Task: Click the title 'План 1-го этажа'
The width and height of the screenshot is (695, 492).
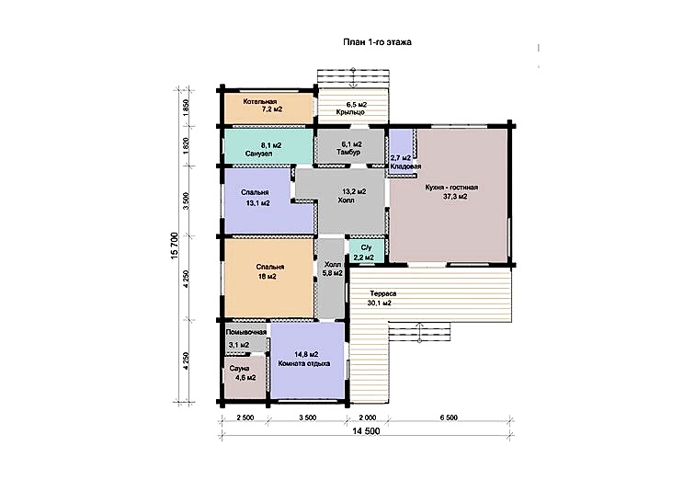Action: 377,42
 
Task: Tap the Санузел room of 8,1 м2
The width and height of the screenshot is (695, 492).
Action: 268,146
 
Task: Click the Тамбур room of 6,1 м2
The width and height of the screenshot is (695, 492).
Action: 349,146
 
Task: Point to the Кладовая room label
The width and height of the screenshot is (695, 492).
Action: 405,166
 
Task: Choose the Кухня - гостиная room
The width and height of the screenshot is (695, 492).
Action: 449,195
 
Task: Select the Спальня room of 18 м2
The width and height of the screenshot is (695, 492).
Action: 268,278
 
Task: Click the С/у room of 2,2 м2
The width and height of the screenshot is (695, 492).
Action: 363,252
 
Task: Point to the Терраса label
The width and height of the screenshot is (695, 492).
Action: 383,293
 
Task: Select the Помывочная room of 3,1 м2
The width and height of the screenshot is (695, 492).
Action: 245,339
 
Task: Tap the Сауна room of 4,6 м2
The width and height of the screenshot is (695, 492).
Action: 245,376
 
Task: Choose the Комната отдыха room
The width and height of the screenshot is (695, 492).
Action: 307,360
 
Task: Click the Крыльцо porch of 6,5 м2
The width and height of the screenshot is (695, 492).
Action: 353,107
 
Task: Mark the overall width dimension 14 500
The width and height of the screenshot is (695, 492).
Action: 366,431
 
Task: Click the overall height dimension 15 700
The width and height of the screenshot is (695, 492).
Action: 174,246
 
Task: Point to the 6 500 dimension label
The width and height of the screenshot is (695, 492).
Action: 449,418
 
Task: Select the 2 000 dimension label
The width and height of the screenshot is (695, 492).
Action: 367,418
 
